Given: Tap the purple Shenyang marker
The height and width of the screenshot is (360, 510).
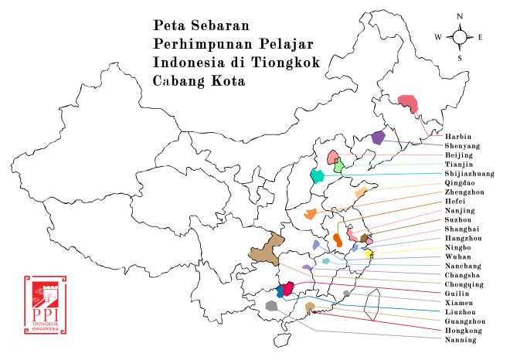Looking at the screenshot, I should coord(378,138).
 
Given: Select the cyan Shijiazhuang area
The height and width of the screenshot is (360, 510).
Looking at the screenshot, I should coord(317,175).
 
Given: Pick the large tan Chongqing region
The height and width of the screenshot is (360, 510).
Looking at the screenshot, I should coord(263,249).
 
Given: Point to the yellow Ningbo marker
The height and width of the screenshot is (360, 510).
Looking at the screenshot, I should coord(369,253).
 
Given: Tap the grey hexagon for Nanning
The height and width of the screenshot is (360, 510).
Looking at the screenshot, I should coord(271,306).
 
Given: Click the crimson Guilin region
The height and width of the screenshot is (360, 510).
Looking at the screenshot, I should coord(288,289).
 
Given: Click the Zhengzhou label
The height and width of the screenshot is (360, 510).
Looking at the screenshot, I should coord(465,192).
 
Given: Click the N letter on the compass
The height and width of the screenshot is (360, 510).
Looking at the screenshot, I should coord(460,16).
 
